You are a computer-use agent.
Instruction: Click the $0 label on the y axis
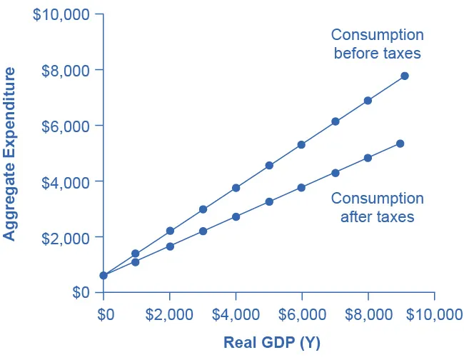tap(80, 293)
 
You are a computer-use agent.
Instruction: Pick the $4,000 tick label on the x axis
tap(236, 315)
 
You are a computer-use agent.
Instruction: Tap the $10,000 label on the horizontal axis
tap(434, 315)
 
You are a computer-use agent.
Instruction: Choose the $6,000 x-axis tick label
tap(302, 315)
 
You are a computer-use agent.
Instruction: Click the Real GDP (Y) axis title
tap(272, 343)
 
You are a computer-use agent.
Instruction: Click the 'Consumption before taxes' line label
tap(377, 44)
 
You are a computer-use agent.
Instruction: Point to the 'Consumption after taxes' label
tap(377, 207)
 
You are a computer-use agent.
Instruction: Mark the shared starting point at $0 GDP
tap(104, 275)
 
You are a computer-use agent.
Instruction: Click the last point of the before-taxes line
tap(405, 76)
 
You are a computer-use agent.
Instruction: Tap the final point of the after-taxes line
tap(400, 144)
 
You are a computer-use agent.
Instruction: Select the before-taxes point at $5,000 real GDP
tap(269, 166)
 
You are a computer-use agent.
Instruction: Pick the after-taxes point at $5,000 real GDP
tap(269, 201)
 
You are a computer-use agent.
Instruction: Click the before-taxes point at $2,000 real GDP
tap(170, 231)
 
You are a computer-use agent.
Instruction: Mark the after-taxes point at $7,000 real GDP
tap(335, 172)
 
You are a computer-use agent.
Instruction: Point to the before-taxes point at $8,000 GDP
tap(368, 101)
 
